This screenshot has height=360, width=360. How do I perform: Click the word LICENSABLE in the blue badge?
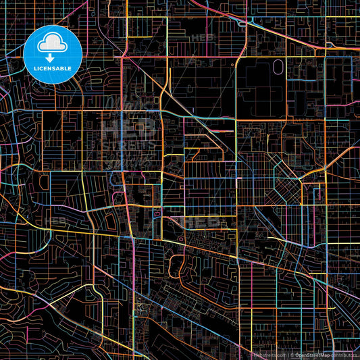click(x=52, y=69)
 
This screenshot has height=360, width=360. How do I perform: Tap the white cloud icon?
click(x=52, y=45)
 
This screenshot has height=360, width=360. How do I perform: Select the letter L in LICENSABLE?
click(x=35, y=69)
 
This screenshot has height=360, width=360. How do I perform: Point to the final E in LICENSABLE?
click(x=70, y=69)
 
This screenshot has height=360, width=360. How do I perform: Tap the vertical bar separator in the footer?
click(x=288, y=355)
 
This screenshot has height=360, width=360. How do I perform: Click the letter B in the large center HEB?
click(x=148, y=128)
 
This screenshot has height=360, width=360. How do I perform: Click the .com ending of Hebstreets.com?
click(x=280, y=355)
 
